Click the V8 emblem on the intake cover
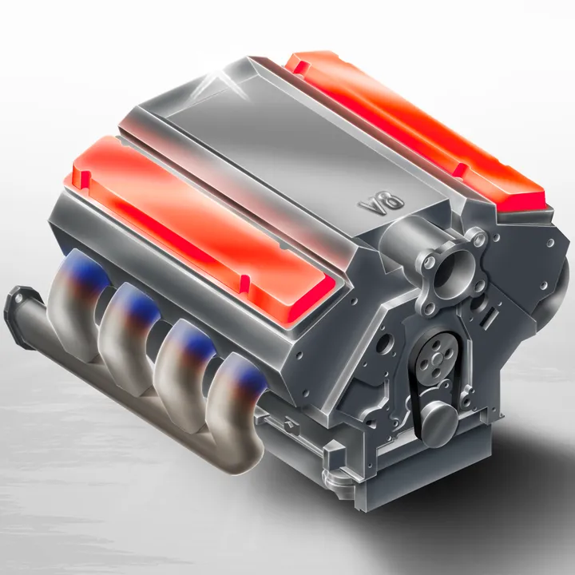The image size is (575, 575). (x=382, y=202)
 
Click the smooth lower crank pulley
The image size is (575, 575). (x=439, y=422)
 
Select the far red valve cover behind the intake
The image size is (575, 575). (x=414, y=129)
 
